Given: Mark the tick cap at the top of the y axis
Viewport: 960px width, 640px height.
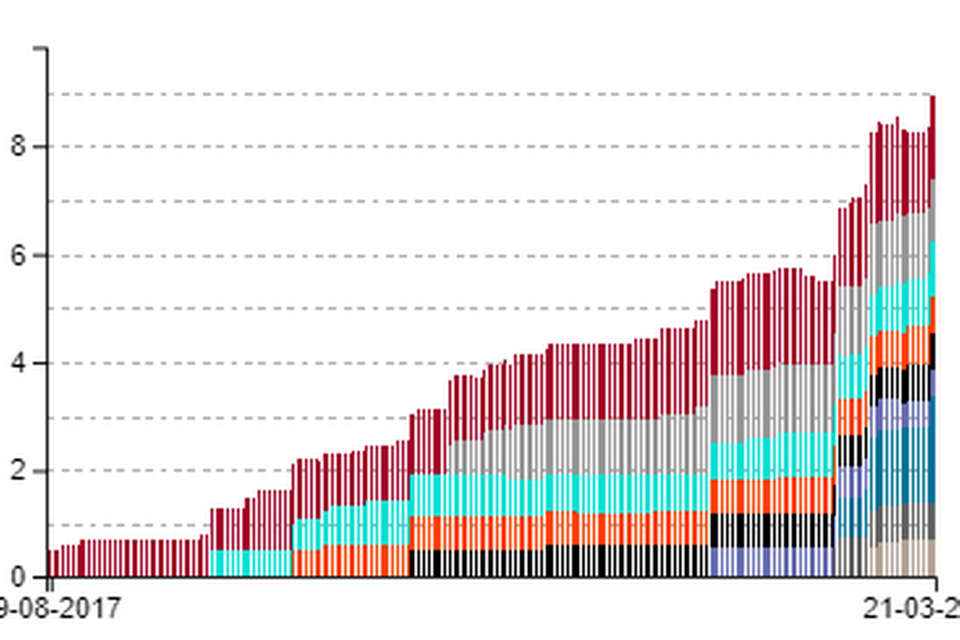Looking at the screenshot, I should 41,49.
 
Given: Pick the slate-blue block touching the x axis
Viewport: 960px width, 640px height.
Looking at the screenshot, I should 771,562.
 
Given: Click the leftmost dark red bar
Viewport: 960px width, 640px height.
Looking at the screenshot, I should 51,563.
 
